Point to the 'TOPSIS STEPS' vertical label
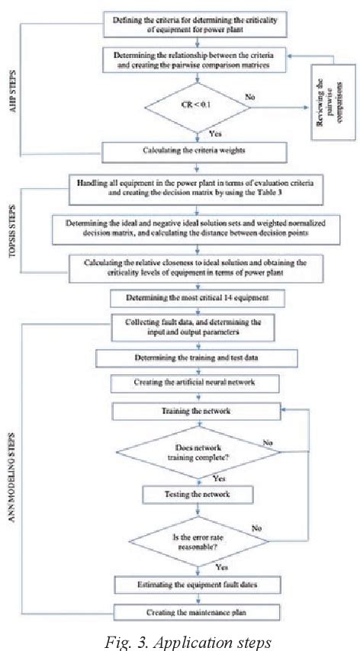pos(28,229)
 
